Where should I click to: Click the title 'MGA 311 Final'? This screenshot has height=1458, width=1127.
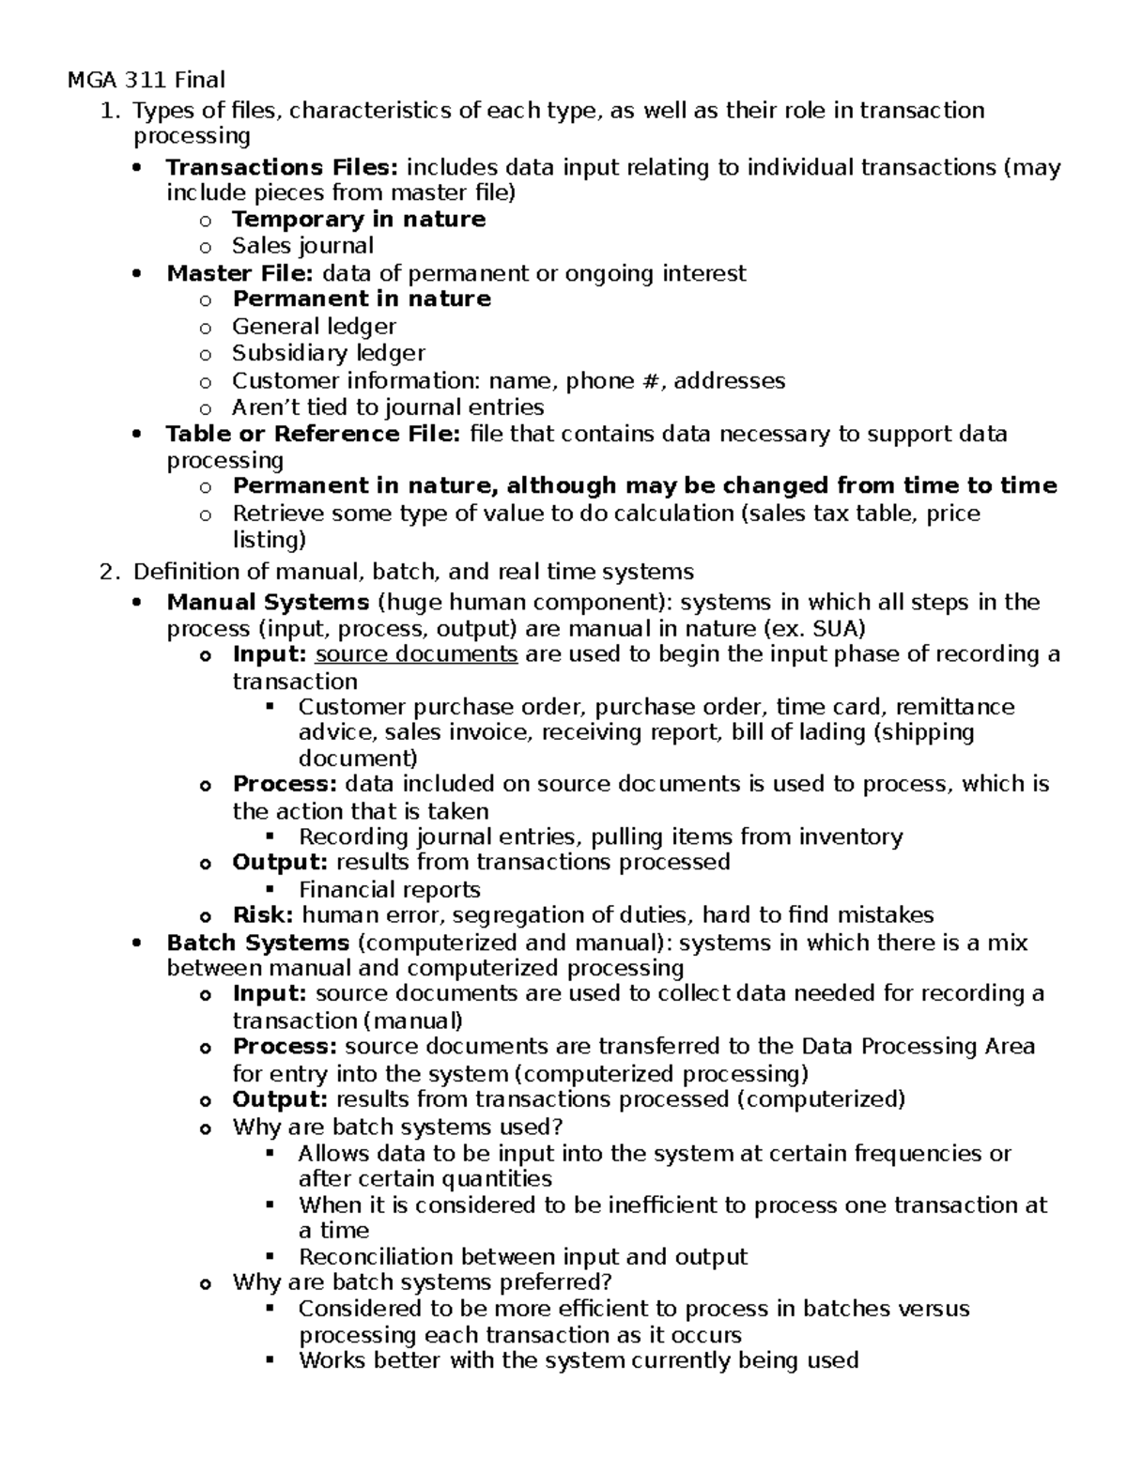point(147,80)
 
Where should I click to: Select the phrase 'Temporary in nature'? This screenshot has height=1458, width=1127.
point(359,220)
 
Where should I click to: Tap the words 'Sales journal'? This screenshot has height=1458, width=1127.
point(302,246)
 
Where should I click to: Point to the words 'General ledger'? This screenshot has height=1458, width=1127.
point(314,327)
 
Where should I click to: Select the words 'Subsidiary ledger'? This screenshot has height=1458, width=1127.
point(329,353)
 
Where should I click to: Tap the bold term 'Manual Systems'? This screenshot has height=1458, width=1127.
point(268,602)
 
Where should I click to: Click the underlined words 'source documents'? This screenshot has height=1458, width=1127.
point(416,654)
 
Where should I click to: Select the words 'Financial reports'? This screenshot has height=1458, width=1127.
point(389,889)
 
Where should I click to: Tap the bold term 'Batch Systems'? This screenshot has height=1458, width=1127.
point(257,943)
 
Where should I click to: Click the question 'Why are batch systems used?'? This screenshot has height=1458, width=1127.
point(397,1127)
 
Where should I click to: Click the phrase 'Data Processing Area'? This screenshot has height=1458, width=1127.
point(918,1047)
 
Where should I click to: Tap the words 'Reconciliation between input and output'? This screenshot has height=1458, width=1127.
point(522,1257)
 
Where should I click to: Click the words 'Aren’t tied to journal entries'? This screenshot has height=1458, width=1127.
point(388,407)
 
